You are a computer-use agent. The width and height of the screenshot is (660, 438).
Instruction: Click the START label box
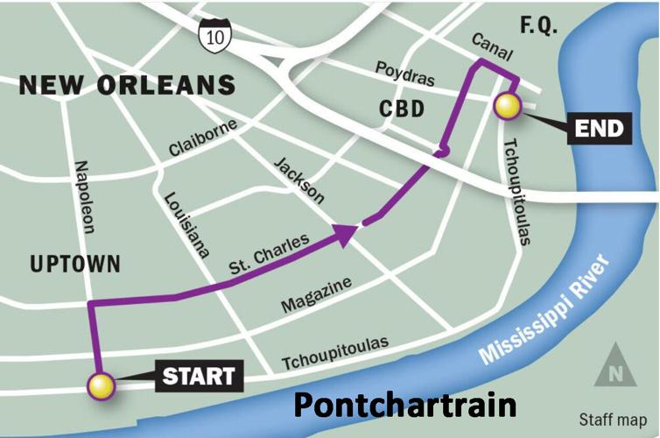[x=200, y=378]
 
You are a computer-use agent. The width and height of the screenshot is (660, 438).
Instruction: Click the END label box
[x=600, y=131]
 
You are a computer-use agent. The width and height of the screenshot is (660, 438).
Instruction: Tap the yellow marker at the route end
[x=508, y=107]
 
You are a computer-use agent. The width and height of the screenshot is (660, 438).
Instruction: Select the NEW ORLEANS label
[x=128, y=86]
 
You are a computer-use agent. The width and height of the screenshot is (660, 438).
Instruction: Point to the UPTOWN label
[x=74, y=264]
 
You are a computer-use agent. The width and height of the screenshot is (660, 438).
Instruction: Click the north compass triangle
[x=614, y=369]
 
